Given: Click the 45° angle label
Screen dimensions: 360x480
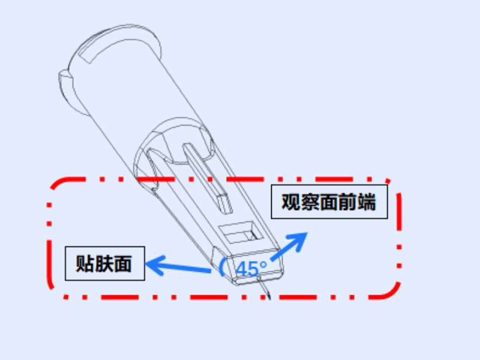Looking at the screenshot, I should click(251, 268).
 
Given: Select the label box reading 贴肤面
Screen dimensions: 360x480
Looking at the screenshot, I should click(105, 263).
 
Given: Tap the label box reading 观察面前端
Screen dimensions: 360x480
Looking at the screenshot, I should click(329, 202).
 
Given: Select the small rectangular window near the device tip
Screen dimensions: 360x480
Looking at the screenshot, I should click(239, 231).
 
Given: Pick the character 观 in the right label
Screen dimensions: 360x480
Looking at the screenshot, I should click(292, 202).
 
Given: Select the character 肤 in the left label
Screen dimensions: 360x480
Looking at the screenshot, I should click(104, 263).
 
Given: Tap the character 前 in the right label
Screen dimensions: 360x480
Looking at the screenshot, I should click(347, 202).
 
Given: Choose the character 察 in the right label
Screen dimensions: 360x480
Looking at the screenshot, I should click(310, 202).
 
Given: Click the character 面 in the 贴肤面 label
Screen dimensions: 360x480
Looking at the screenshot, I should click(123, 263).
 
